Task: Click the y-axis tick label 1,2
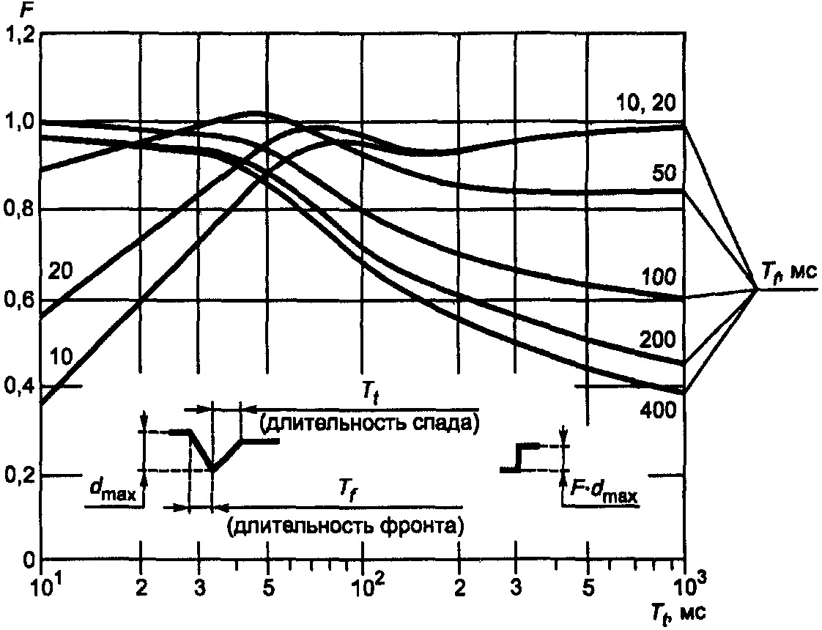point(19,34)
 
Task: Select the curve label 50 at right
point(668,174)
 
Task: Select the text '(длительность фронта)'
point(346,525)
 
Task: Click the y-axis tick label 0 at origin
point(28,561)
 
